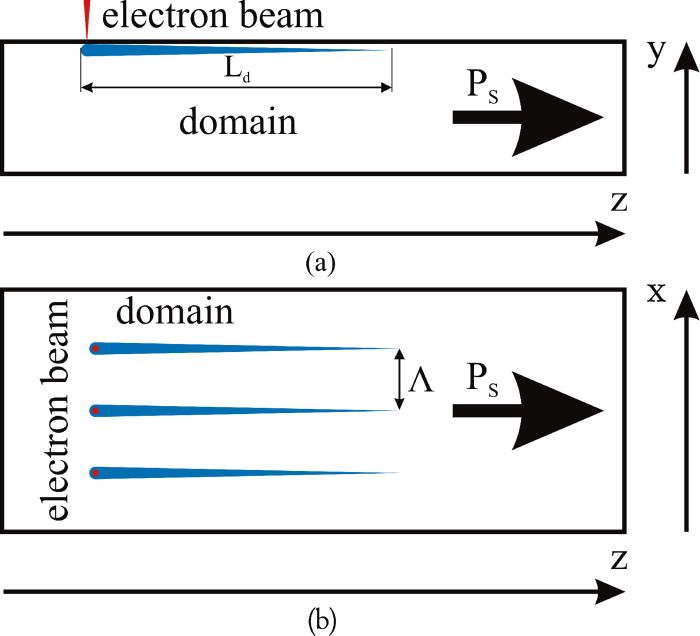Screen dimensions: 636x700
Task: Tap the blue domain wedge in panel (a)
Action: coord(200,49)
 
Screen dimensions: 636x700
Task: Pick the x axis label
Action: coord(658,295)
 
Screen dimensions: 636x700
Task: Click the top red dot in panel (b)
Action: coord(95,348)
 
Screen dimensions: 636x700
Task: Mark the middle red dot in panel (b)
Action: coord(95,410)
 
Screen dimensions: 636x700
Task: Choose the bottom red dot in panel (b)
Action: coord(95,472)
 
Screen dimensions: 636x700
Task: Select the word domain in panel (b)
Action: coord(175,313)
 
